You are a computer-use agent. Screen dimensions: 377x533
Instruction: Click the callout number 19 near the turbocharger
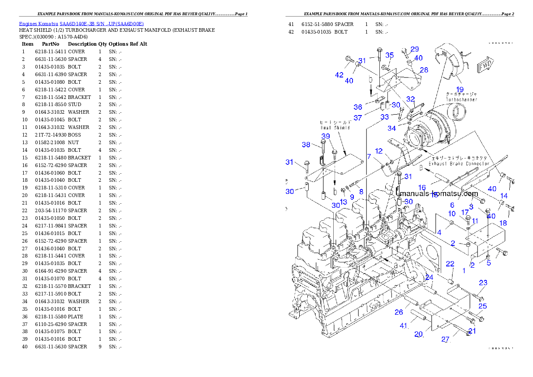tap(460, 90)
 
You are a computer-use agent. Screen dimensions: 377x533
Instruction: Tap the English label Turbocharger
tap(461, 100)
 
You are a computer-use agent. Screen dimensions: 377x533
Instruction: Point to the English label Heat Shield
tap(335, 128)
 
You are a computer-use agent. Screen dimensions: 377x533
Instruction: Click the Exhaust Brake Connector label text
tap(453, 164)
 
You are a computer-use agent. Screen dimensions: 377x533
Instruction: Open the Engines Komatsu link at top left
tap(81, 24)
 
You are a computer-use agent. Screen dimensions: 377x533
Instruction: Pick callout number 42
tap(340, 75)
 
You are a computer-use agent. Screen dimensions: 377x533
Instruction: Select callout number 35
tap(390, 55)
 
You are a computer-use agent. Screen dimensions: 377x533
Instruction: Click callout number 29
tap(415, 49)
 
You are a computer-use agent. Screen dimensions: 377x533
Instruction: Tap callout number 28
tap(424, 70)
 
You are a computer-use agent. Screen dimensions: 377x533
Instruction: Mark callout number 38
tap(306, 145)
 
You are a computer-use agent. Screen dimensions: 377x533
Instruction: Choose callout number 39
tap(326, 136)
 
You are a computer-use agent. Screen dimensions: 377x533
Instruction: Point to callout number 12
tap(379, 151)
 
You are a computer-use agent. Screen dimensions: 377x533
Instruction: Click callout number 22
tap(450, 264)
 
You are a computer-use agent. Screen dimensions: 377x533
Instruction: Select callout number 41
tap(404, 326)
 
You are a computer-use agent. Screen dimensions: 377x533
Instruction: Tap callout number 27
tap(445, 339)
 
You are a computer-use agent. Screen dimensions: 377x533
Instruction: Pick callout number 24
tap(429, 278)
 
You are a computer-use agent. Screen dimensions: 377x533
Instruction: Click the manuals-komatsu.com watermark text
tap(439, 194)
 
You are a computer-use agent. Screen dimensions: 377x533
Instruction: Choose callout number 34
tap(391, 129)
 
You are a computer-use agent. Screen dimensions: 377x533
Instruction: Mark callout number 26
tap(399, 312)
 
